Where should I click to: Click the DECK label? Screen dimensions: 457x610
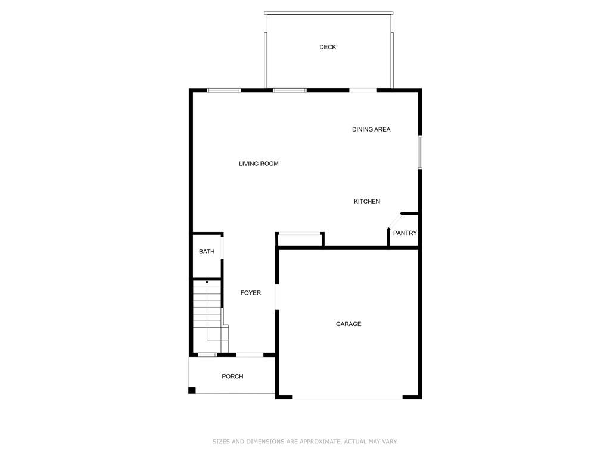328,47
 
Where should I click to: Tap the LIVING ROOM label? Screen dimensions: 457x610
259,164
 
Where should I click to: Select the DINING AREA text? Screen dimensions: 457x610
371,129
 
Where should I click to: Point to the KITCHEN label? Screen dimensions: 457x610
367,202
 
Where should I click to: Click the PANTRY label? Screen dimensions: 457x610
405,233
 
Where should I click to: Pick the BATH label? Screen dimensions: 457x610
207,252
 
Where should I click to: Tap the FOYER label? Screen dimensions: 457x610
251,293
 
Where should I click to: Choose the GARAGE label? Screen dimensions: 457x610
348,324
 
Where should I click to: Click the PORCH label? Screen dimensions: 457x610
232,376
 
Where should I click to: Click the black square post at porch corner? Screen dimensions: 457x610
192,390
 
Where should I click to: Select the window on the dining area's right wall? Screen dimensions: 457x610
419,152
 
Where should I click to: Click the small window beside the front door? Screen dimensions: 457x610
207,355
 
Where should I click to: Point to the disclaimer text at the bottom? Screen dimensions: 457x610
305,442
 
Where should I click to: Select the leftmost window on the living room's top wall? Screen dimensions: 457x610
224,90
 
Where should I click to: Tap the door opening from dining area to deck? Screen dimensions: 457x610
363,90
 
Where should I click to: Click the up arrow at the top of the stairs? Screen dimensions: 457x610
206,282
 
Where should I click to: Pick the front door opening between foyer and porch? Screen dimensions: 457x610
250,355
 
